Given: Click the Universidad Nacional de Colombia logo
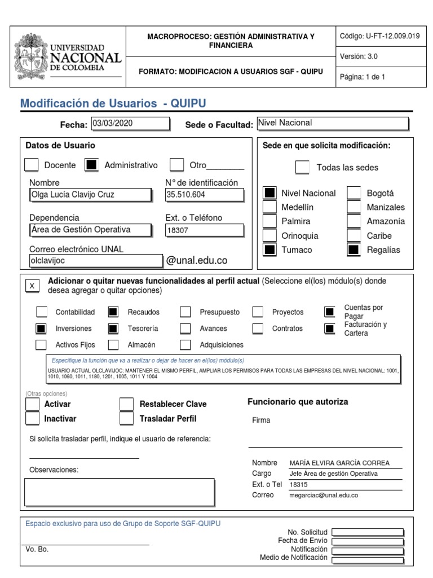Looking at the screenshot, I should coord(67,56).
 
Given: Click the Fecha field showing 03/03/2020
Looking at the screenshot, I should coord(130,124).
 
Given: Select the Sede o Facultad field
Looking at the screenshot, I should coord(332,123).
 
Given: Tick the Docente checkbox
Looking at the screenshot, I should coord(32,165).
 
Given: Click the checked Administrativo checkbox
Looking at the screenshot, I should coord(91,165).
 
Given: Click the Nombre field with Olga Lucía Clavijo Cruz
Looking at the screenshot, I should coord(90,195).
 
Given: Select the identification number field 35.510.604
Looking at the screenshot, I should coord(204,195).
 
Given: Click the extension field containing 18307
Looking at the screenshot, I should coord(204,230).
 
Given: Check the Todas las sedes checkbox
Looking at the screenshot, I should coord(303,168).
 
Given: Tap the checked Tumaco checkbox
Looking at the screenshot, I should coord(270,249).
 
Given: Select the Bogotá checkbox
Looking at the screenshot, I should coord(354,193).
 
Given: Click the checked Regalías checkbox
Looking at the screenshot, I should coord(354,249).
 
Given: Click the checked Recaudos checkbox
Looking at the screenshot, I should coord(113,312).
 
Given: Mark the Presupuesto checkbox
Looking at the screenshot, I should coord(185,312).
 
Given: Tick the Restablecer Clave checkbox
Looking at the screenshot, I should coord(127,404).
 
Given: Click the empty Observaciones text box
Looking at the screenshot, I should coord(120,492).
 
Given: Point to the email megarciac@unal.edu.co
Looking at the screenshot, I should coord(324,495).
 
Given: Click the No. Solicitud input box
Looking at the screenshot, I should coord(368,532).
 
